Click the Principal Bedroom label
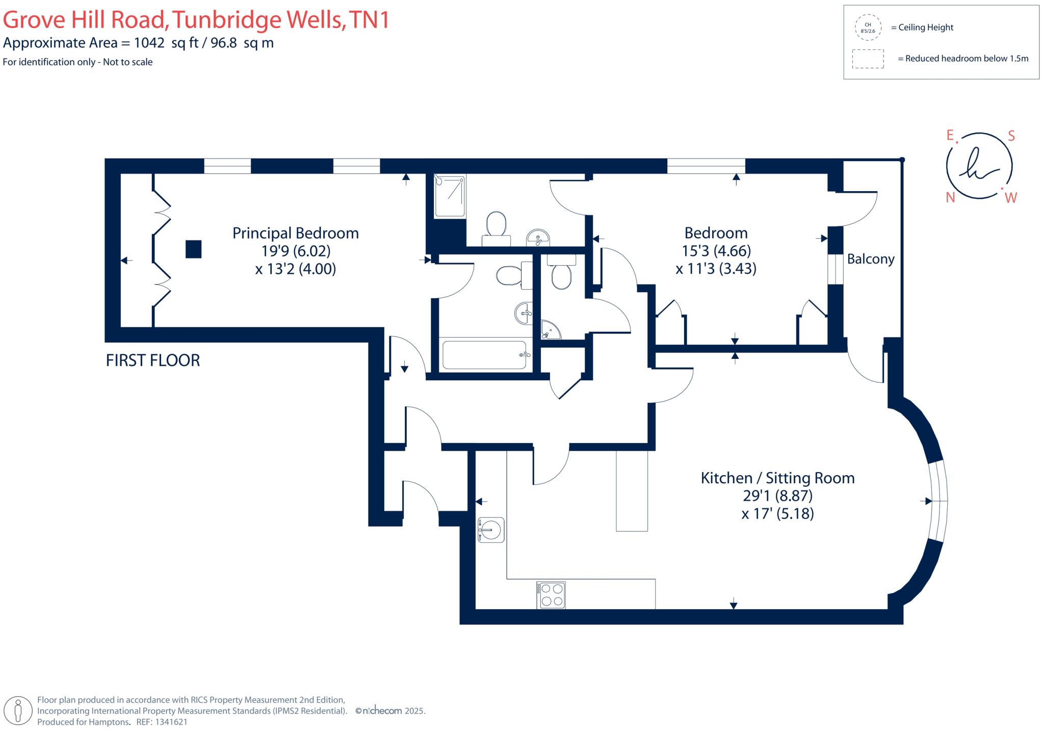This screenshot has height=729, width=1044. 296,233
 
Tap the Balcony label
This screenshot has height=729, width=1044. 871,259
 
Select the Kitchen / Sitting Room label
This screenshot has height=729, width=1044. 777,478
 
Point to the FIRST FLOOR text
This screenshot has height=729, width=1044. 153,360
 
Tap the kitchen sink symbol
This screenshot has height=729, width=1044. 491,530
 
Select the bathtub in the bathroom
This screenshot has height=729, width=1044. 484,355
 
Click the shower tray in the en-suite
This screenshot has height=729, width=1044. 450,196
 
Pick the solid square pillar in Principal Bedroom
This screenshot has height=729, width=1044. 193,249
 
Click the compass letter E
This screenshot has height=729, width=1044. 950,135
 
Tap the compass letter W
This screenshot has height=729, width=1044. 1011,198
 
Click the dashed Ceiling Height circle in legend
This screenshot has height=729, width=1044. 868,28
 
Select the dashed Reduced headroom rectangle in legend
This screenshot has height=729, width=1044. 868,59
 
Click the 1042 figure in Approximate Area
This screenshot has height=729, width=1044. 149,43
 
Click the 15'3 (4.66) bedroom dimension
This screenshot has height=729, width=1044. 716,251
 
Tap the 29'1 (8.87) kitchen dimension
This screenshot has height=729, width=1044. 777,496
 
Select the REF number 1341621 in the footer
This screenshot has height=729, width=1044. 171,722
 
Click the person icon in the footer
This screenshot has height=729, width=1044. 19,710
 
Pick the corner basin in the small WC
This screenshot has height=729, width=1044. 549,330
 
